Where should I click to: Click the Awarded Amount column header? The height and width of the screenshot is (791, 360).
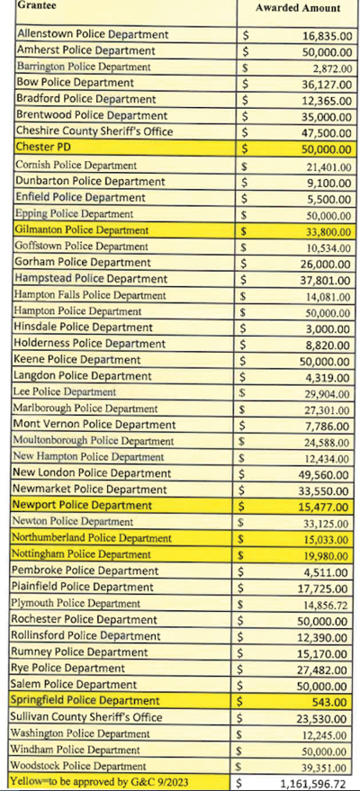point(298,8)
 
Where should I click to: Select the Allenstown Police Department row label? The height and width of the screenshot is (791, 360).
point(92,35)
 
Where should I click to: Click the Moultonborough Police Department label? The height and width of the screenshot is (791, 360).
point(94,441)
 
